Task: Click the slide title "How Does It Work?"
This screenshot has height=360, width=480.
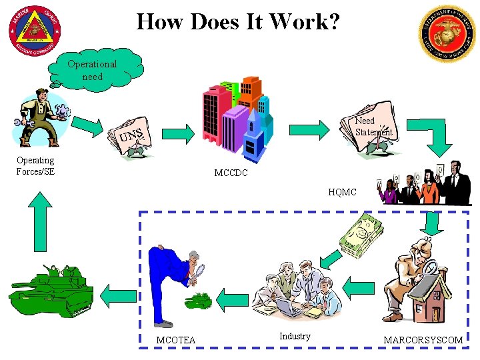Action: coord(238,22)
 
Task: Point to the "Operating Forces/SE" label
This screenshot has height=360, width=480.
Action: coord(35,165)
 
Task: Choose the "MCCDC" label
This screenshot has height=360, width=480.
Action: coord(231,173)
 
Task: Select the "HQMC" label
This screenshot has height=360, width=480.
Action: coord(342,192)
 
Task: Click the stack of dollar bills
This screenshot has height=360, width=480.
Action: coord(361,241)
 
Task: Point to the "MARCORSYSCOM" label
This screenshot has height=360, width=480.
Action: coord(423,340)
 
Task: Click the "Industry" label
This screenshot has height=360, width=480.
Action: coord(295,336)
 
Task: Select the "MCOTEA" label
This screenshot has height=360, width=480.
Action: coord(175,340)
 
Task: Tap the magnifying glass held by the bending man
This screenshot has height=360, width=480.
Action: coord(198,271)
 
